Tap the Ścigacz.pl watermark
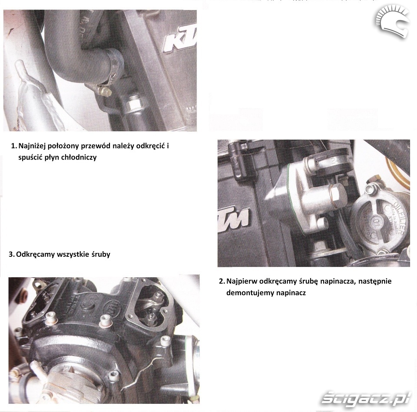click(366, 397)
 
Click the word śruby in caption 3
click(101, 254)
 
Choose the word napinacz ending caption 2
click(291, 293)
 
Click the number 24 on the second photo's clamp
click(334, 160)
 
